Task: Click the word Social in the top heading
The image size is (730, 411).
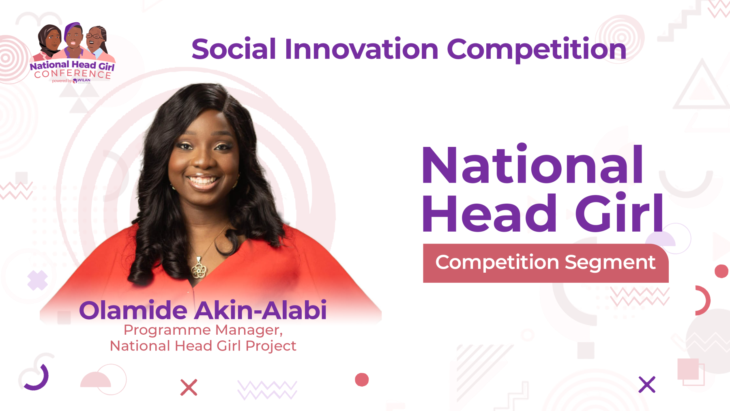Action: point(234,49)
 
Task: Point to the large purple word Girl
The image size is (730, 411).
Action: point(619,212)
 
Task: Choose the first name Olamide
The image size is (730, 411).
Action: point(133,310)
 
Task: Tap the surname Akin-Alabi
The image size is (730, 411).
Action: point(260,310)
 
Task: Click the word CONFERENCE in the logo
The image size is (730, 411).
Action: point(73,74)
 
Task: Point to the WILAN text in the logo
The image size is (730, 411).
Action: point(84,80)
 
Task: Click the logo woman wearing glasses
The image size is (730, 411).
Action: point(96,41)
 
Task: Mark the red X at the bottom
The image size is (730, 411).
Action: point(189,387)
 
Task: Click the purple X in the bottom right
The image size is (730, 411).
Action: point(647,385)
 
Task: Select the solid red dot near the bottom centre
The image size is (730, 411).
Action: point(362,380)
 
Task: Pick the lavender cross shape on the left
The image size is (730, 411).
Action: point(38,280)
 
